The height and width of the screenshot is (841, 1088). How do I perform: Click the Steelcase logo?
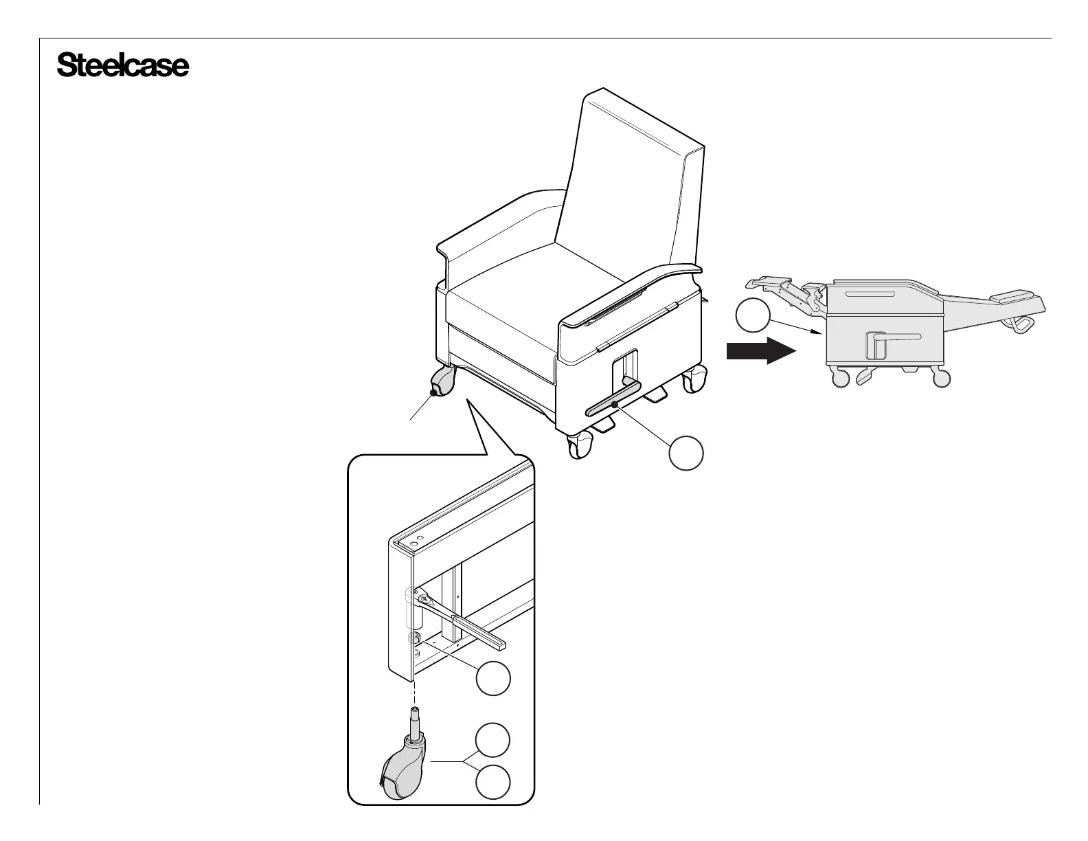coord(122,66)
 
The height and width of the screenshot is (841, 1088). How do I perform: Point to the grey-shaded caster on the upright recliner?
coord(444,382)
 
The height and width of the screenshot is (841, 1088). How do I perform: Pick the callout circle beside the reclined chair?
coord(752,316)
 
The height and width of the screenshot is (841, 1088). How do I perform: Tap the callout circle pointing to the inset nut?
coord(494,679)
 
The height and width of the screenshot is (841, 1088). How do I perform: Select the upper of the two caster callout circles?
coord(494,741)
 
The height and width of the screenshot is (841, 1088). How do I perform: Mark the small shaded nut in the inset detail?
coord(414,638)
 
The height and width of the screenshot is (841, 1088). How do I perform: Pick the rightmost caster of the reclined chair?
coord(942,377)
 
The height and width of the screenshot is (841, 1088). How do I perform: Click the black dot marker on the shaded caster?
coord(432,392)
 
